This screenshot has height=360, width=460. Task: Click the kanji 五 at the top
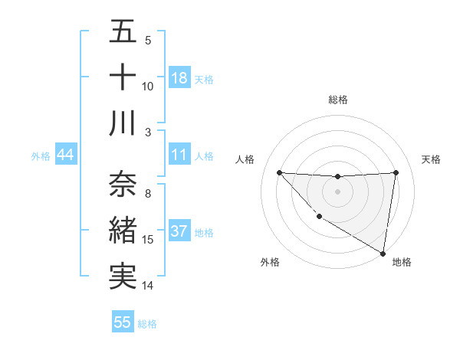coord(123,32)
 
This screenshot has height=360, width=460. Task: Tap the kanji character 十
coord(123,78)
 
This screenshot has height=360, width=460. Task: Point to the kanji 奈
coord(123,185)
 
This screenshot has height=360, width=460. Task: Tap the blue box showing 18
coord(179,78)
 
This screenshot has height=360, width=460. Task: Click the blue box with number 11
coord(179,155)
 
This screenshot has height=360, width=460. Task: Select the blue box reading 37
coord(179,231)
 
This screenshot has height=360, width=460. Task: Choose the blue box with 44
coord(65,155)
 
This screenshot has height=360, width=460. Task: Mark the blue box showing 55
coord(123,322)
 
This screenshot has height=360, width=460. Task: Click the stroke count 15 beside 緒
coord(148,240)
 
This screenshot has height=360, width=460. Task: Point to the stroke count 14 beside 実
coord(148,286)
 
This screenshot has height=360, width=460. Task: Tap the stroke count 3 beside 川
coord(148,133)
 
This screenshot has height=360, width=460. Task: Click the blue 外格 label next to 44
coord(41,156)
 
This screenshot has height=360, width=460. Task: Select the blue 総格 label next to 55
coord(147,323)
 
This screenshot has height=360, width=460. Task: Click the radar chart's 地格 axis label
coord(402,262)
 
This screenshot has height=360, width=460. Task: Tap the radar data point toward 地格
coord(383,253)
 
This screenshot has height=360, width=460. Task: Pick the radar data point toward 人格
coord(279,172)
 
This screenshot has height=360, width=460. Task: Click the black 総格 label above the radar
coord(337,100)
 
